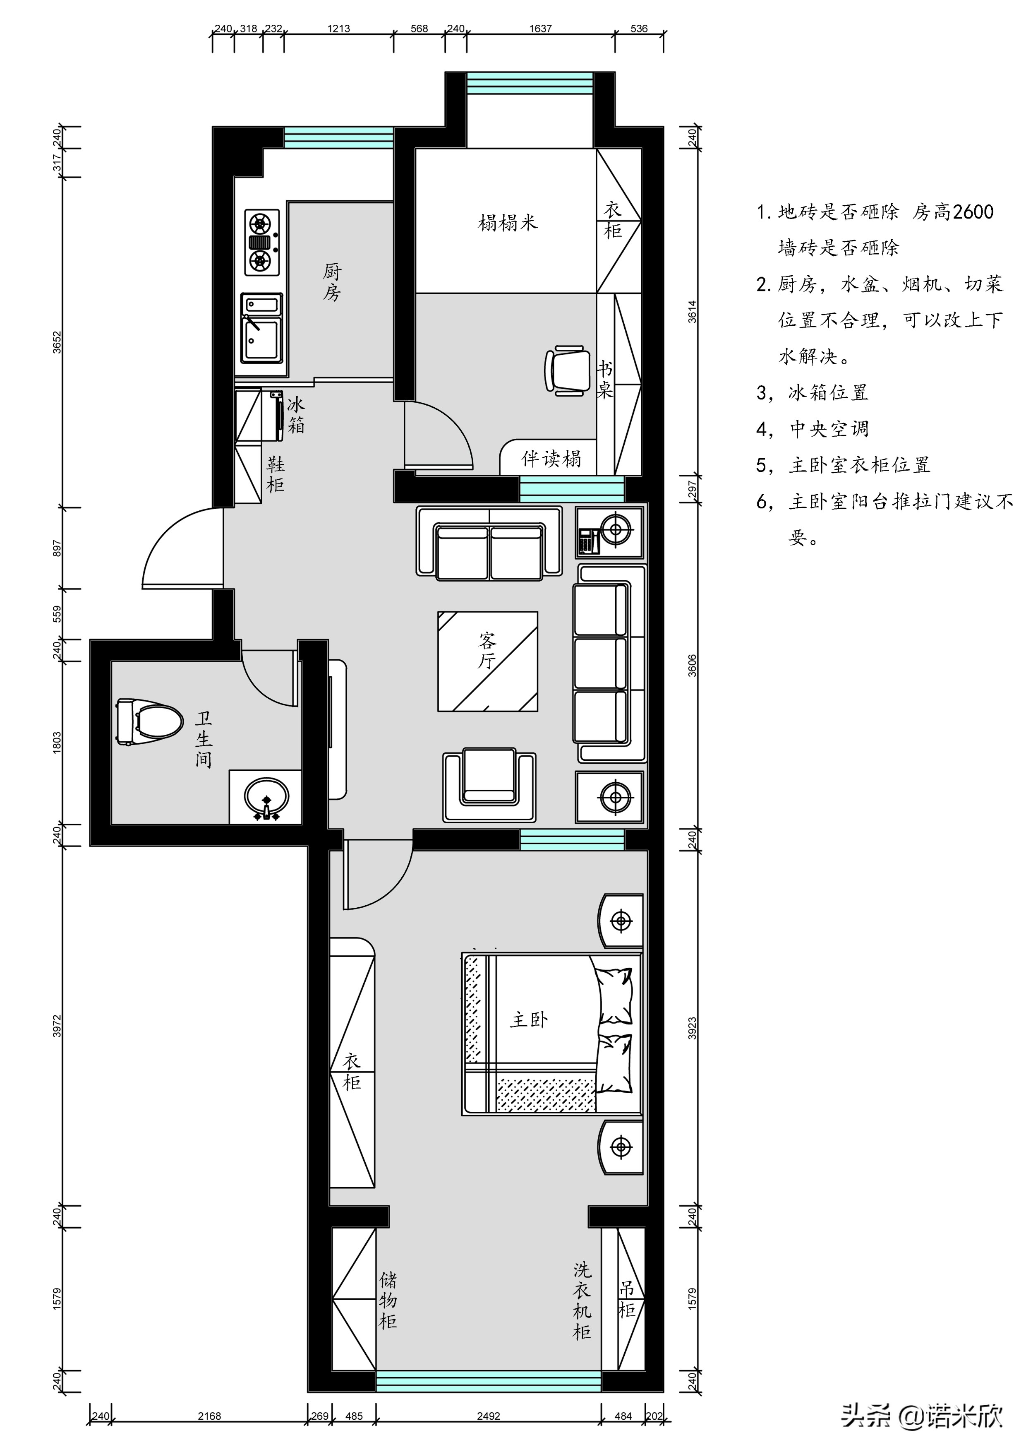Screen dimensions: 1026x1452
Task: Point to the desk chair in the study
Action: point(565,370)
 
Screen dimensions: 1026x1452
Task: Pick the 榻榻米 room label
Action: point(508,223)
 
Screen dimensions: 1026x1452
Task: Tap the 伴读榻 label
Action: point(551,459)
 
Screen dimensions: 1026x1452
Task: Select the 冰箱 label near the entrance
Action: point(296,415)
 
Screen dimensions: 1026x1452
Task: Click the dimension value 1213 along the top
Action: point(339,29)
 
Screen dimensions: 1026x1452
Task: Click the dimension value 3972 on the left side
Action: point(57,1026)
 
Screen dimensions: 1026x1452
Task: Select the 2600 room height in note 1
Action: point(972,212)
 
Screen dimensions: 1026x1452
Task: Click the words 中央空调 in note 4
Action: point(829,429)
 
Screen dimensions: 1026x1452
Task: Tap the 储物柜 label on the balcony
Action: point(388,1300)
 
